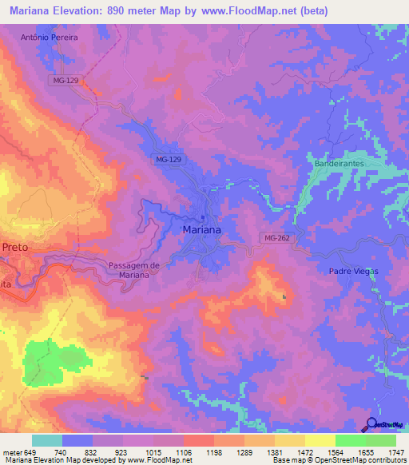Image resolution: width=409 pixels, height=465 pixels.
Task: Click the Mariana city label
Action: pos(202,229)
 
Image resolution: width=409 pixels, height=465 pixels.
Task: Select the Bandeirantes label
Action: pos(339,163)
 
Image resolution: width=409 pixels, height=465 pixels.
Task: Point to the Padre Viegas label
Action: pos(352,271)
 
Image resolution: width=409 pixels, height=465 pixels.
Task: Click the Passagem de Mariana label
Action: pos(134,269)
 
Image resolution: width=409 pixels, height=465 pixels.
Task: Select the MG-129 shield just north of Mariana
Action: pos(169,160)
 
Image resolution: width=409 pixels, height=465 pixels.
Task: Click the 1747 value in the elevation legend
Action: pos(395,452)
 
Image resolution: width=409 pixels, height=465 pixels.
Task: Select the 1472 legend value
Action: pos(304,452)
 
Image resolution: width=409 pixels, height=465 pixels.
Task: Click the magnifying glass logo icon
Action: pos(371,425)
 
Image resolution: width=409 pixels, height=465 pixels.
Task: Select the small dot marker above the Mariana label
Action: pos(203,217)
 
